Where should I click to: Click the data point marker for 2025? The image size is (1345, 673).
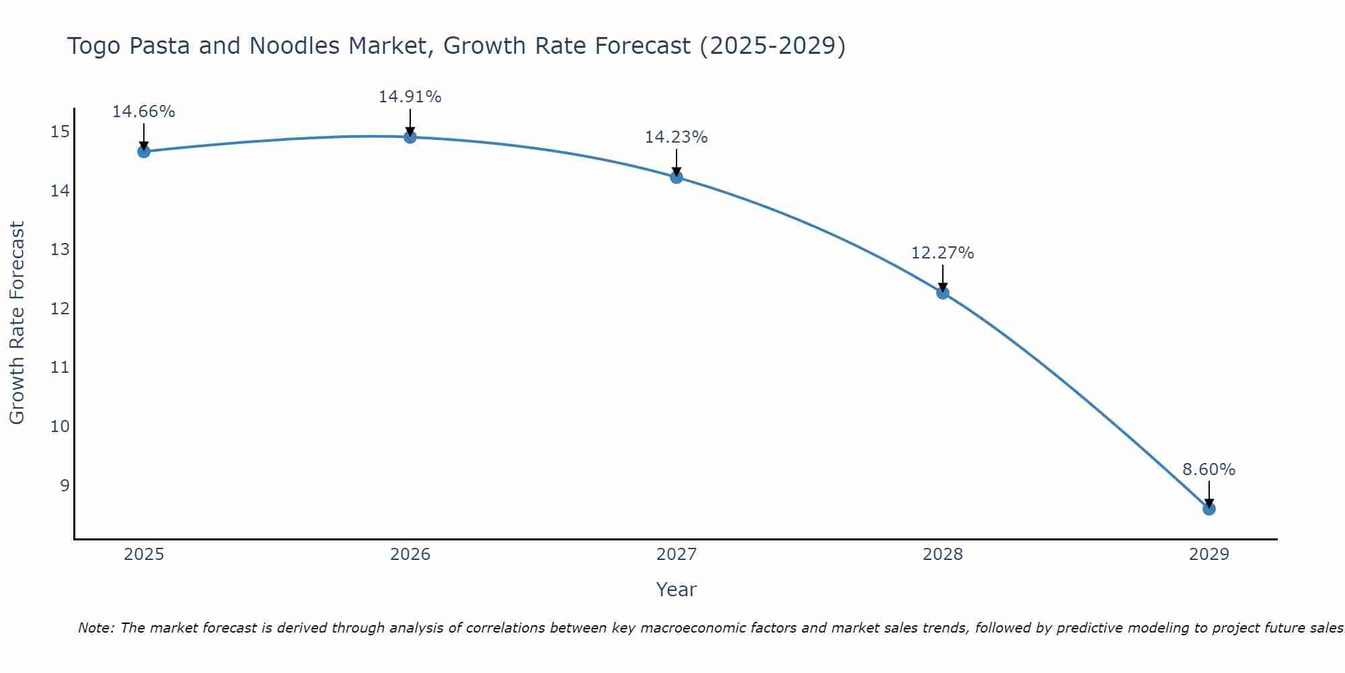(x=144, y=151)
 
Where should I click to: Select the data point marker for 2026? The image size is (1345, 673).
(x=410, y=137)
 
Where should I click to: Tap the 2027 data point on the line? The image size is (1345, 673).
(x=677, y=177)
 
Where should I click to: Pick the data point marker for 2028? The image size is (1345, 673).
(x=943, y=293)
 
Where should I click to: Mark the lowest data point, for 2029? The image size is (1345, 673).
(x=1209, y=509)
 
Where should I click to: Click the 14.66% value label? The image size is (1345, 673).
(x=144, y=112)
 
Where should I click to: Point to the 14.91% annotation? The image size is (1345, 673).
(x=410, y=97)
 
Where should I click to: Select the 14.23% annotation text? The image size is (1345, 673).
(x=677, y=137)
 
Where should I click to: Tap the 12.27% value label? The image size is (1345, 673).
(x=943, y=253)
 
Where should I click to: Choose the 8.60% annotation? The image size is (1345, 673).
(x=1209, y=470)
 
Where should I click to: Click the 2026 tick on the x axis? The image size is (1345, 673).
(x=410, y=555)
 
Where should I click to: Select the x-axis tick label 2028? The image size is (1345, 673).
(x=943, y=555)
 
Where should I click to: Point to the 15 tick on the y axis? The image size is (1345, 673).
(x=60, y=132)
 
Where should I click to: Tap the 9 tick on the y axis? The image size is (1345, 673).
(x=65, y=486)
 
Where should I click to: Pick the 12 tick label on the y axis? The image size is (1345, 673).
(x=60, y=309)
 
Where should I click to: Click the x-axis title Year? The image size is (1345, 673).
(x=677, y=590)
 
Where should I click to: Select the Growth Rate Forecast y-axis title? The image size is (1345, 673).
(x=17, y=323)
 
